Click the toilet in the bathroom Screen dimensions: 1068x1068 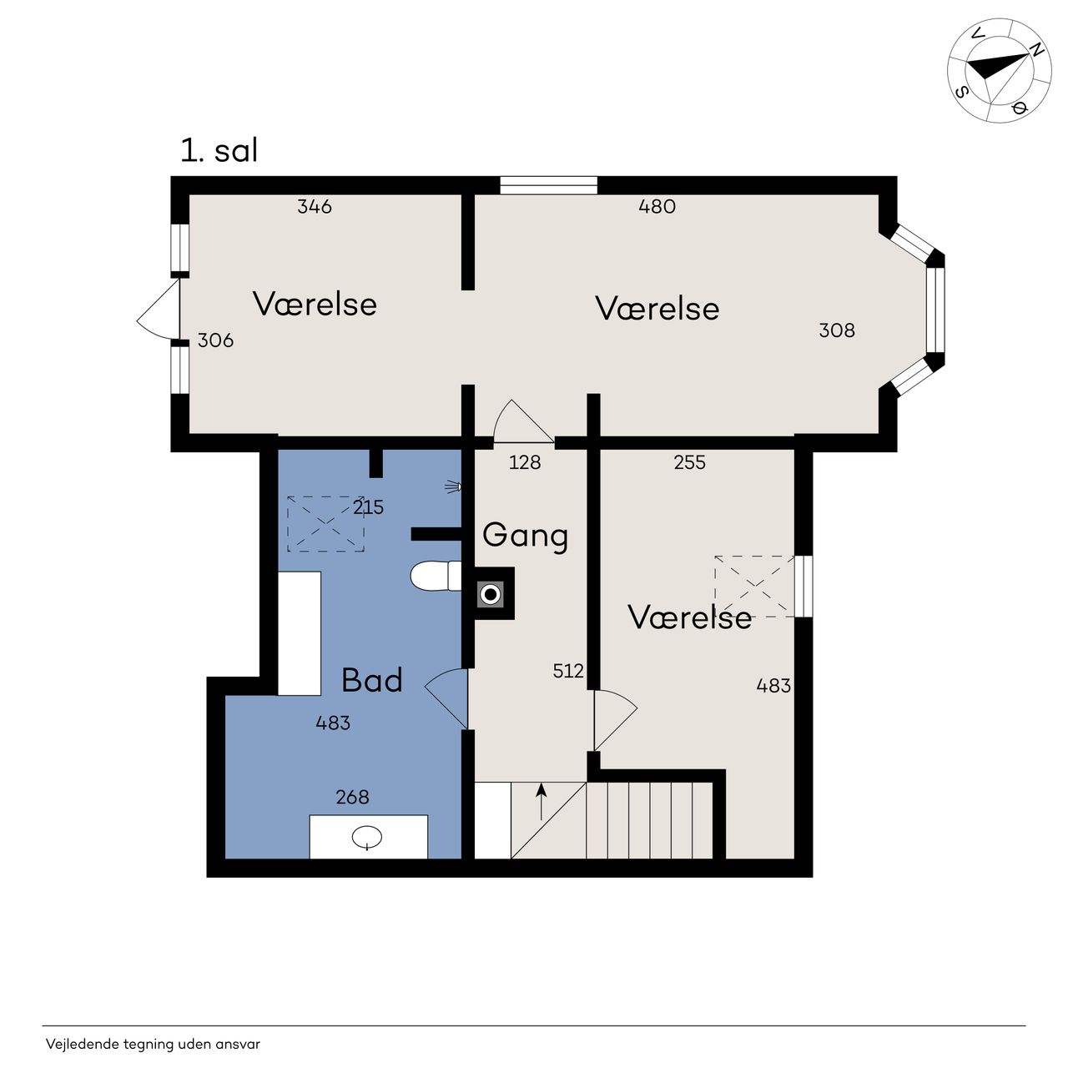point(436,577)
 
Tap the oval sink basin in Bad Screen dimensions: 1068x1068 point(367,836)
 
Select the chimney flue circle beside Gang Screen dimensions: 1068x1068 point(491,595)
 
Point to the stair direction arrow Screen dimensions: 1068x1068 point(542,801)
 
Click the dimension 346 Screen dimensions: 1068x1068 point(315,207)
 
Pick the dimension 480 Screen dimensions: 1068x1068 point(657,207)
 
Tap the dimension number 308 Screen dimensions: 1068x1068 point(837,330)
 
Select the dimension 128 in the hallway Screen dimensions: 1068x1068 point(524,462)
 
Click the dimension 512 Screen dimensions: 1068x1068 point(568,671)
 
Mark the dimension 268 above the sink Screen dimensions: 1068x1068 point(352,797)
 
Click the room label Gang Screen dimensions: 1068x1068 point(525,536)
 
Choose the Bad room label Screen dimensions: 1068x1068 point(372,680)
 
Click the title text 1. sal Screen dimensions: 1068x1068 point(219,150)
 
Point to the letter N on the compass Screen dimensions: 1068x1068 point(1036,50)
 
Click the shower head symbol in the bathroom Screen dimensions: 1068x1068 point(453,487)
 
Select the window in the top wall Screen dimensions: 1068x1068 point(549,185)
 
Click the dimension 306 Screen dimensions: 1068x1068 point(215,340)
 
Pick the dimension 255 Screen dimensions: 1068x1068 point(689,462)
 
